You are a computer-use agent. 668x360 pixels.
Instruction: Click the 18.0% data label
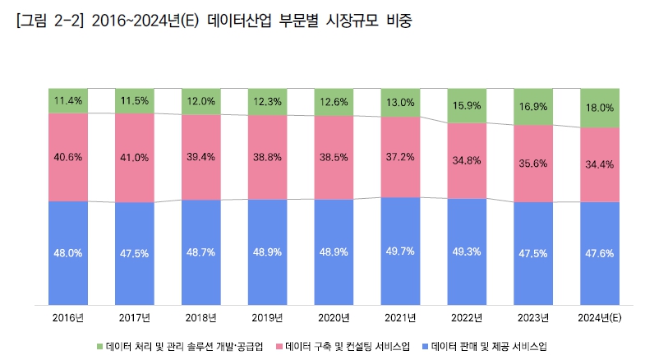click(600, 108)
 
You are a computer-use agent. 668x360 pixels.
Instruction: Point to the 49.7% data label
click(401, 250)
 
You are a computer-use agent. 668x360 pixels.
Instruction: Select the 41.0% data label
click(135, 157)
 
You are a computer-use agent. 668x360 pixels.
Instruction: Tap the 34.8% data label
click(467, 161)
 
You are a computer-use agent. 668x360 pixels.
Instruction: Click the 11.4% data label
click(68, 101)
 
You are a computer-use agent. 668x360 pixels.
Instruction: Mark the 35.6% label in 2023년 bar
click(533, 163)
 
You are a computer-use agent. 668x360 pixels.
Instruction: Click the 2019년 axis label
click(267, 316)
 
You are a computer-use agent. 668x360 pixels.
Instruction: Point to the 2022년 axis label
click(467, 316)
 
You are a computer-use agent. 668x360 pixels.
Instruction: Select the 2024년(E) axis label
click(600, 316)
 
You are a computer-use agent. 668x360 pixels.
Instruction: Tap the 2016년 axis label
click(68, 316)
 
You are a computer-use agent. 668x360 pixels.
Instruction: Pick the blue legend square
click(423, 346)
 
